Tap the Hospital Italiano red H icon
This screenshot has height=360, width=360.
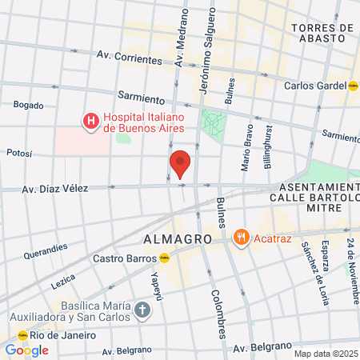tap(91, 122)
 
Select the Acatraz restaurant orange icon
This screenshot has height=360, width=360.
tap(240, 237)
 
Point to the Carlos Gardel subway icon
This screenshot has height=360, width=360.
tap(354, 85)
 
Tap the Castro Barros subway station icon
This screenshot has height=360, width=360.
tap(164, 258)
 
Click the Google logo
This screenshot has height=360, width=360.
tap(26, 350)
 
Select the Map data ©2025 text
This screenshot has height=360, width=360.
tap(326, 354)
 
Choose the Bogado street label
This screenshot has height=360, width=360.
tap(28, 105)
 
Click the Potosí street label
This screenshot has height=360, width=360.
tap(19, 151)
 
